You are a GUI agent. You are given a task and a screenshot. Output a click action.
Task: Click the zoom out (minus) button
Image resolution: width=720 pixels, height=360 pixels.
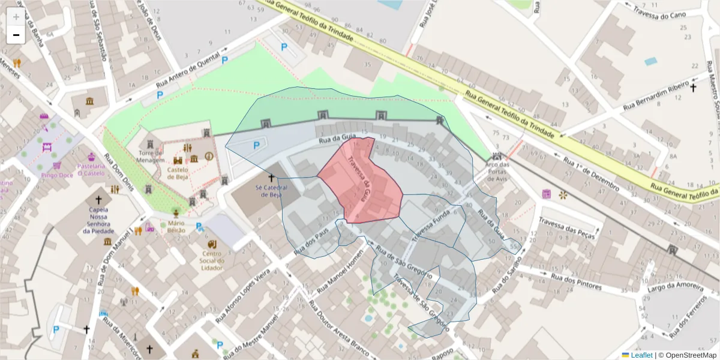point(16,35)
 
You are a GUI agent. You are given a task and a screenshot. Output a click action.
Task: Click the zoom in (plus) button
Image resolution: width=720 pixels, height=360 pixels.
point(16,17)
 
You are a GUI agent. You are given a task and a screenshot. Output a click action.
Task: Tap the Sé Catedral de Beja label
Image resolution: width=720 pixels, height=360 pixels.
point(271,191)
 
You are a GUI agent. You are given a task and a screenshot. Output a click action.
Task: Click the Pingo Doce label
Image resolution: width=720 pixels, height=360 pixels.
point(57,175)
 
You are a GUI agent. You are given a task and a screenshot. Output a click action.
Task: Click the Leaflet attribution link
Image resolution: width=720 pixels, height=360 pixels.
point(641,355)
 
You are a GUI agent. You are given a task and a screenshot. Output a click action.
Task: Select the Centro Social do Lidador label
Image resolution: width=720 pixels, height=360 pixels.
point(212,260)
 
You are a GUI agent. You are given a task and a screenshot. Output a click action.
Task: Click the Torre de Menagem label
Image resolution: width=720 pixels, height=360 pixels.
point(150,157)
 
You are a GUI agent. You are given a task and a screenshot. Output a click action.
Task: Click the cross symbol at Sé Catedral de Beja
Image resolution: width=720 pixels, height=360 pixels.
point(271,178)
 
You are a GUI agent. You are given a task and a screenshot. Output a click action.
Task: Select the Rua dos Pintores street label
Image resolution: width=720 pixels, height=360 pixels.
point(575,282)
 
